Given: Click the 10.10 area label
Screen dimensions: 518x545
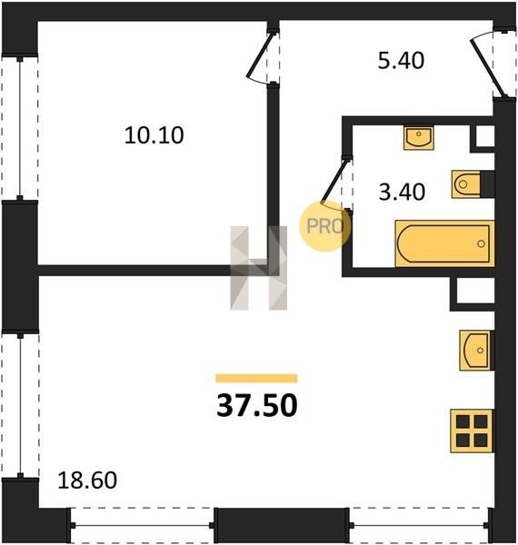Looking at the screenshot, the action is click(154, 135).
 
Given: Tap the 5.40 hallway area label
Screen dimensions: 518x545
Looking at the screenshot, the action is click(401, 61).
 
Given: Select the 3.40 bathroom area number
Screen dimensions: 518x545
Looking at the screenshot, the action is click(402, 192).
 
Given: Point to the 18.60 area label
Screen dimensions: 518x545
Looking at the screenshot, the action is click(87, 481).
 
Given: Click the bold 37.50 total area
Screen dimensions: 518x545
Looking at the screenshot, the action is click(257, 406).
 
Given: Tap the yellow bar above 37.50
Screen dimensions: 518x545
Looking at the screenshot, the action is click(256, 378).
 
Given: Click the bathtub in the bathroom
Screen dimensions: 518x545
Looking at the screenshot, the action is click(444, 243).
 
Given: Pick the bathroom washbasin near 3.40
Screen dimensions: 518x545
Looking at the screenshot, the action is click(419, 138).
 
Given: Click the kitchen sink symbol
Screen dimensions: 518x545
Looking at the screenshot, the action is click(476, 350).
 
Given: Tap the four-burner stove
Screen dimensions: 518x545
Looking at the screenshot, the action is click(472, 431).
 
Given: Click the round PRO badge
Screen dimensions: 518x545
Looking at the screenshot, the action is click(325, 226).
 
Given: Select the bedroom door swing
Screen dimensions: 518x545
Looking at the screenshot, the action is click(261, 57).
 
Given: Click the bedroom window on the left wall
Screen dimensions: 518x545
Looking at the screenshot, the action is click(20, 128).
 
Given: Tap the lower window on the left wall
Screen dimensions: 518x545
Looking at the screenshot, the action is click(20, 405).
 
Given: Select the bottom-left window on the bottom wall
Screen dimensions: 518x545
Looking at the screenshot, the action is click(142, 525).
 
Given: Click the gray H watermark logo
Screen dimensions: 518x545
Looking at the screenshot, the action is click(259, 268).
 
